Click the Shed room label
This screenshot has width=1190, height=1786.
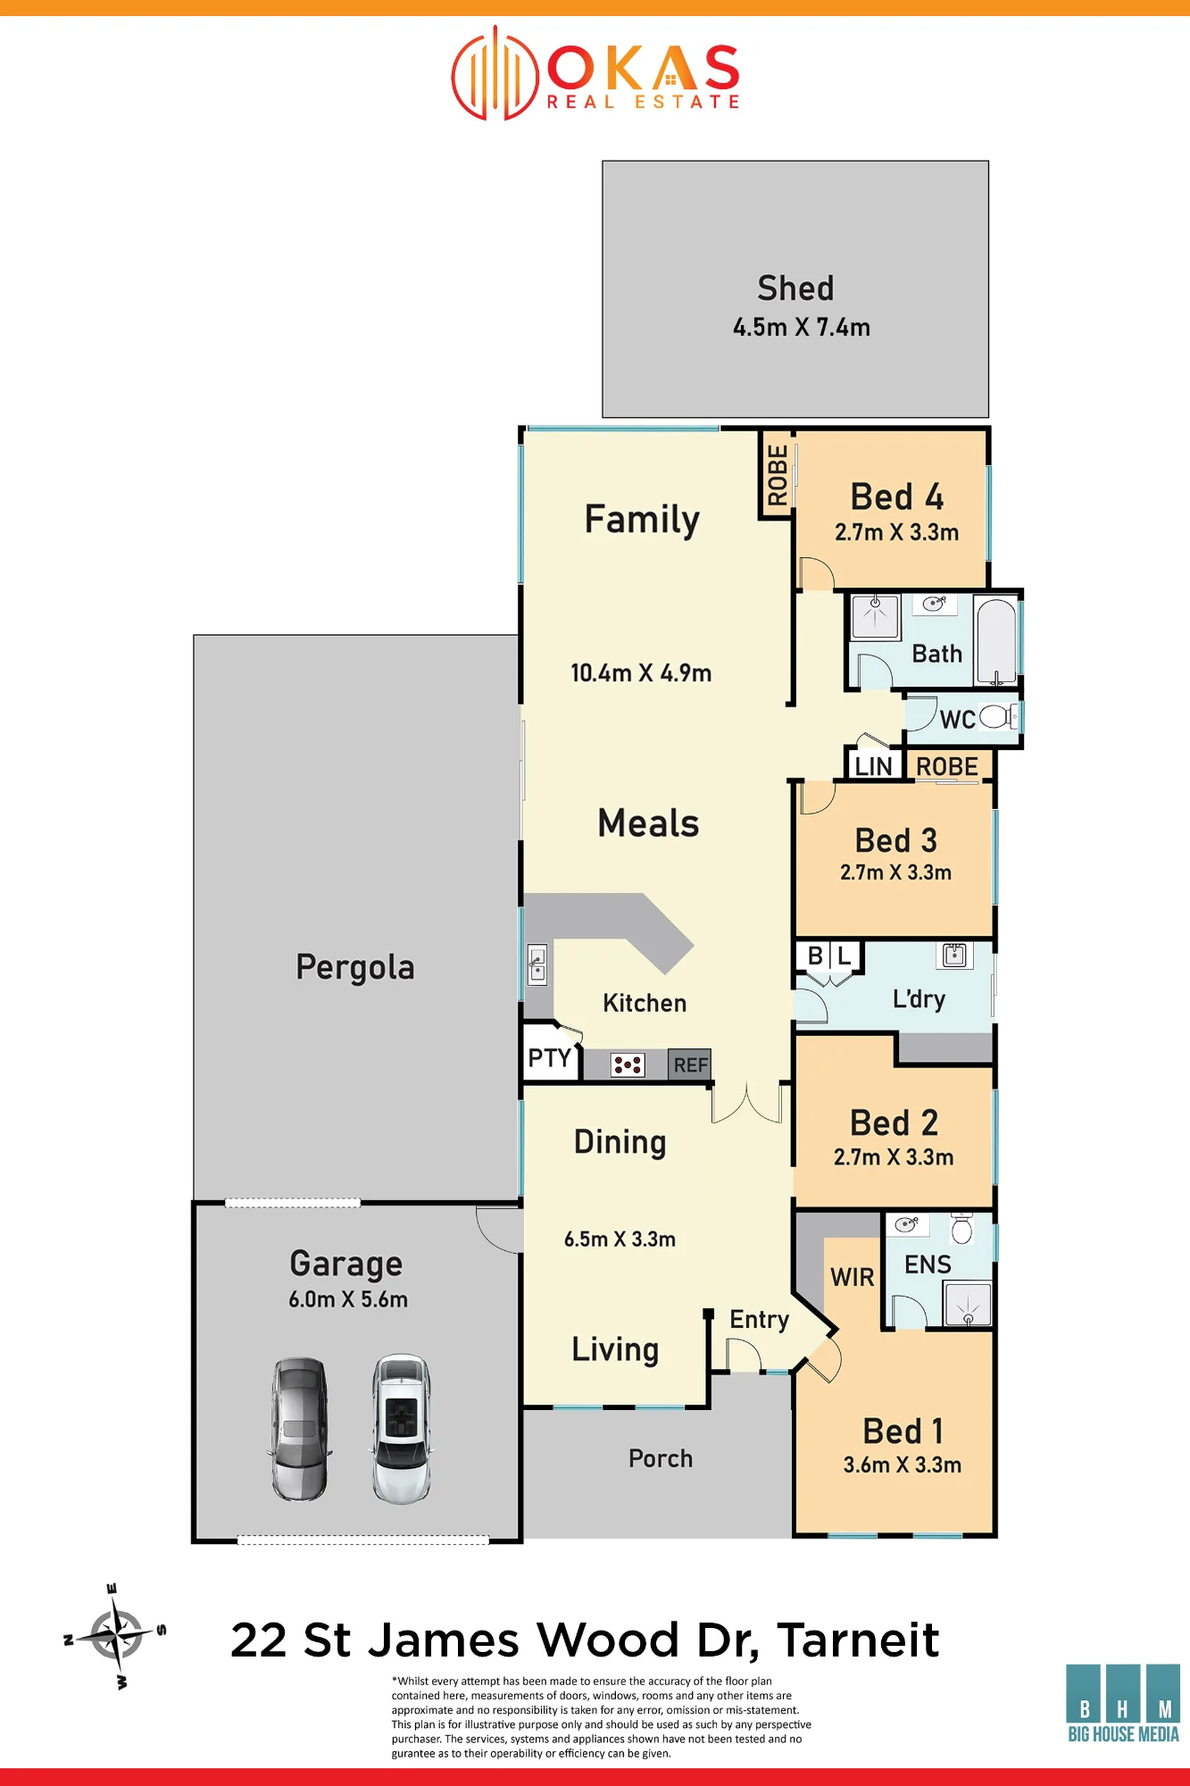pyautogui.click(x=795, y=288)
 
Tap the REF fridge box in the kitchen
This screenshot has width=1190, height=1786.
pyautogui.click(x=690, y=1064)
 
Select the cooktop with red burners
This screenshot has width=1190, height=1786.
pyautogui.click(x=628, y=1064)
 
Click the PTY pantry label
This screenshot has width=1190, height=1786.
pyautogui.click(x=549, y=1058)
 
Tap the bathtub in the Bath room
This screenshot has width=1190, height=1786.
pyautogui.click(x=996, y=640)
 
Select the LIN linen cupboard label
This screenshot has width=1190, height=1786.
pyautogui.click(x=873, y=766)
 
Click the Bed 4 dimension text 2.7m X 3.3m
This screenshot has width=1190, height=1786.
pyautogui.click(x=896, y=532)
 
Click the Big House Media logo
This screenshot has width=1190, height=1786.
pyautogui.click(x=1123, y=1703)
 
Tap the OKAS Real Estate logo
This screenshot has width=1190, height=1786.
pyautogui.click(x=595, y=73)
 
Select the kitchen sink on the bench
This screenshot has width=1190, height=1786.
pyautogui.click(x=537, y=964)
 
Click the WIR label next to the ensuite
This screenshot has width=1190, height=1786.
pyautogui.click(x=853, y=1277)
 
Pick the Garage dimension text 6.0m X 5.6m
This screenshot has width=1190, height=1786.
pyautogui.click(x=348, y=1299)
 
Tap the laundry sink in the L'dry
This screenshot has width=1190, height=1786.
pyautogui.click(x=954, y=955)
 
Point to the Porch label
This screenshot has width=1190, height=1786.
pyautogui.click(x=661, y=1458)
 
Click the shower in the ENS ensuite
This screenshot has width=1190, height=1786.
pyautogui.click(x=968, y=1305)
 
